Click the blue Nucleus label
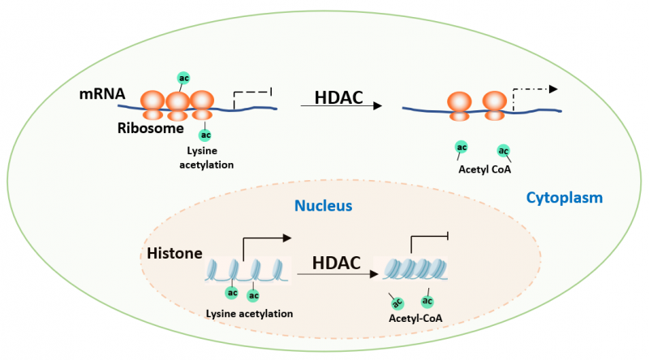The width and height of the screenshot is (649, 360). point(324,206)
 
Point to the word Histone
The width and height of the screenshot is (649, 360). point(174,255)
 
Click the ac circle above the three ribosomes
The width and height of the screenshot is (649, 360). point(183,79)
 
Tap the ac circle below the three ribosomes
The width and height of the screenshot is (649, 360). point(205,135)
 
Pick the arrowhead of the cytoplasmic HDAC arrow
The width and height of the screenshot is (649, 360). point(377,106)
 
